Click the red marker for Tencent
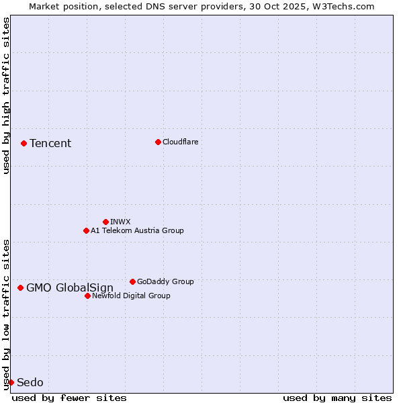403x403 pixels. tap(24, 143)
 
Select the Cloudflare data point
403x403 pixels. tap(158, 142)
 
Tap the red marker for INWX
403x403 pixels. tap(105, 222)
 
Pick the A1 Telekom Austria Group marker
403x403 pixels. tap(86, 230)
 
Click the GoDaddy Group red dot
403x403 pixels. tap(132, 281)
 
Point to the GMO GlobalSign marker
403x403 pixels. tap(20, 287)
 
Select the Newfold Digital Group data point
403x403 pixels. tap(87, 296)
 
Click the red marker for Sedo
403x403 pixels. tap(11, 382)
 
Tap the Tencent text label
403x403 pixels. tap(50, 143)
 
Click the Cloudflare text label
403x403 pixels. tap(180, 142)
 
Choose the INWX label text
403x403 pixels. tap(120, 222)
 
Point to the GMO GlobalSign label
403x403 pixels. tap(70, 288)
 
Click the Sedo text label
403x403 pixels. tap(30, 383)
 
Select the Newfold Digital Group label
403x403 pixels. tap(131, 296)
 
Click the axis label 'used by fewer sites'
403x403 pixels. tap(69, 398)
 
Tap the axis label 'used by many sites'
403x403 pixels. tap(337, 398)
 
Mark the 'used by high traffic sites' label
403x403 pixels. tap(6, 95)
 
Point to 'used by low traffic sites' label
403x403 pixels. tap(6, 314)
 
